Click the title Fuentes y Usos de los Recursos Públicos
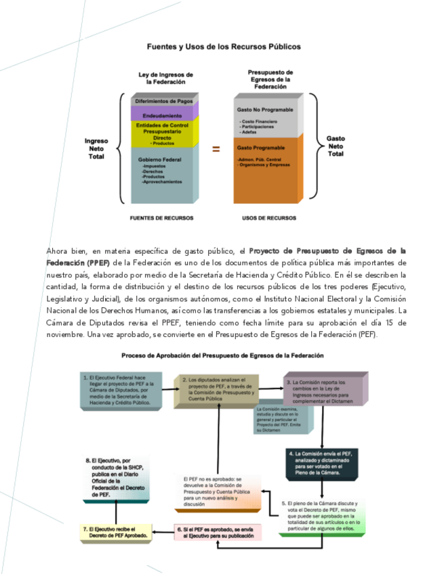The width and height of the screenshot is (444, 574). [x=224, y=47]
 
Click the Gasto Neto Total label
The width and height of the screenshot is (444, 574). [x=336, y=146]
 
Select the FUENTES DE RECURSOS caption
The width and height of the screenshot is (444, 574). [x=161, y=218]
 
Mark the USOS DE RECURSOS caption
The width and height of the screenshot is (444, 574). [x=269, y=218]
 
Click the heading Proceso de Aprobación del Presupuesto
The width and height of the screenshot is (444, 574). [x=222, y=355]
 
